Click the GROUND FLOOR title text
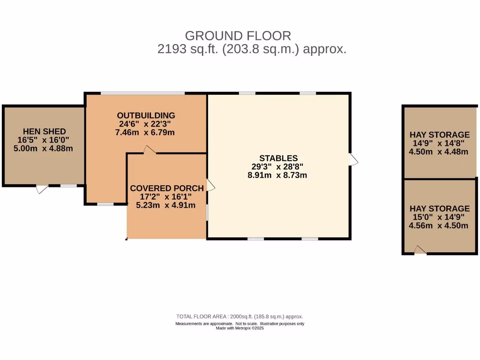(238, 36)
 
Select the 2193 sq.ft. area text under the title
(252, 49)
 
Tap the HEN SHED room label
(45, 131)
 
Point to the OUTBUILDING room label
(146, 115)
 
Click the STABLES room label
(278, 158)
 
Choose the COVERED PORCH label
(167, 188)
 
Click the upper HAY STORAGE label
(439, 135)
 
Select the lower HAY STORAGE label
(439, 208)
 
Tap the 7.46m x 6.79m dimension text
(145, 133)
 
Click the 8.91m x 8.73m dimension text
(277, 175)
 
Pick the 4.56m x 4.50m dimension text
(439, 225)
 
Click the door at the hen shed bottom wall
(42, 189)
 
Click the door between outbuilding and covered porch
(150, 150)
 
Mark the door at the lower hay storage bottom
(420, 250)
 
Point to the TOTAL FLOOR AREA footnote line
(240, 316)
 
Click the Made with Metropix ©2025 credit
(240, 328)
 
